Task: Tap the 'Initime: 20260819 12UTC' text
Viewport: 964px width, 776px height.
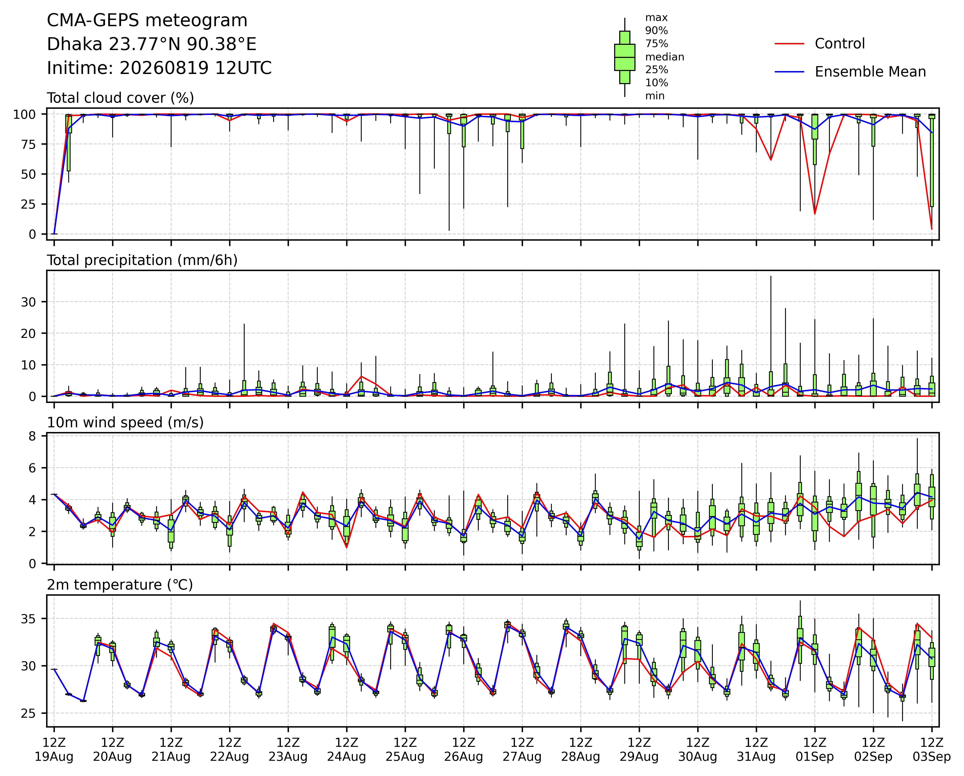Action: pos(159,68)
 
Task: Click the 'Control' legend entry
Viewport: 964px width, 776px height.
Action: pos(840,43)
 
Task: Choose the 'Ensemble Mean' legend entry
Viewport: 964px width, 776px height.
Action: pos(870,72)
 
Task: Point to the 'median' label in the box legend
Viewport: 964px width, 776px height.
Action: pos(664,57)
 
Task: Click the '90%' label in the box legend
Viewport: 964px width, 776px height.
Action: pos(656,30)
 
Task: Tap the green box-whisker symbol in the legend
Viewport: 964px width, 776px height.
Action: pos(625,57)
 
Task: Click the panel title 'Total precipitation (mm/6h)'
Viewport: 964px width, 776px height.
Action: pos(142,260)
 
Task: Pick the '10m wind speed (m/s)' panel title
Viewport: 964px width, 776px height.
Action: pos(125,423)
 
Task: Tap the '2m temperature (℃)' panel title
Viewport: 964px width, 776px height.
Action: pos(120,585)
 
